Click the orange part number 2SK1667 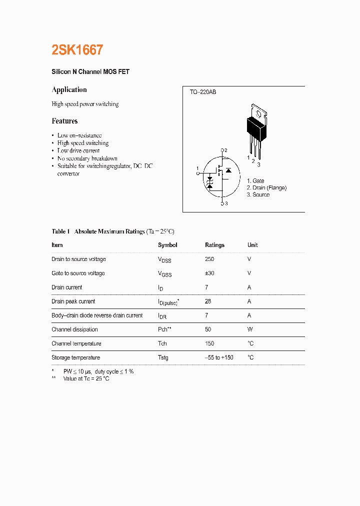[77, 50]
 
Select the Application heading [69, 89]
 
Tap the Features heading [64, 121]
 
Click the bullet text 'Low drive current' [78, 150]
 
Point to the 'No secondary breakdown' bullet [87, 158]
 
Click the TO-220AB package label [202, 92]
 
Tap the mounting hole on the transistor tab [258, 110]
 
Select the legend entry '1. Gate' [255, 181]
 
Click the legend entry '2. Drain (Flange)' [266, 188]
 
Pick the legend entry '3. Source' [258, 195]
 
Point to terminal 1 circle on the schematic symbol [198, 173]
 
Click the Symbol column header [167, 245]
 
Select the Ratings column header [214, 245]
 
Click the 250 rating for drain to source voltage [209, 259]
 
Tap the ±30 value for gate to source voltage [209, 273]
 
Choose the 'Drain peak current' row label [73, 301]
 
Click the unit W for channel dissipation [249, 329]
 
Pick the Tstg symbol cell [163, 357]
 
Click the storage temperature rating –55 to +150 [219, 357]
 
